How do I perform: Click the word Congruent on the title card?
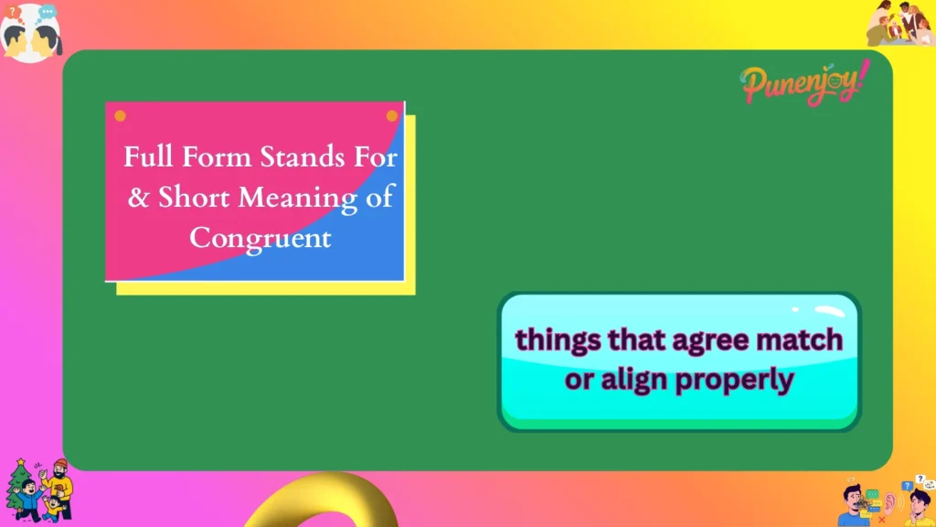pos(260,237)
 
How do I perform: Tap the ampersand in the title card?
pos(138,197)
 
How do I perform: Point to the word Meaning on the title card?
pos(295,197)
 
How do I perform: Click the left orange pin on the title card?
pos(120,116)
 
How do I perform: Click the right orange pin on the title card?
pos(392,116)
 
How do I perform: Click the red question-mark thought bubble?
pos(14,12)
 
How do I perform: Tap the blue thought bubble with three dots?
pos(48,12)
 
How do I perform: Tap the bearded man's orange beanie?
pos(60,465)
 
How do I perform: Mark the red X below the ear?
pos(881,518)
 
